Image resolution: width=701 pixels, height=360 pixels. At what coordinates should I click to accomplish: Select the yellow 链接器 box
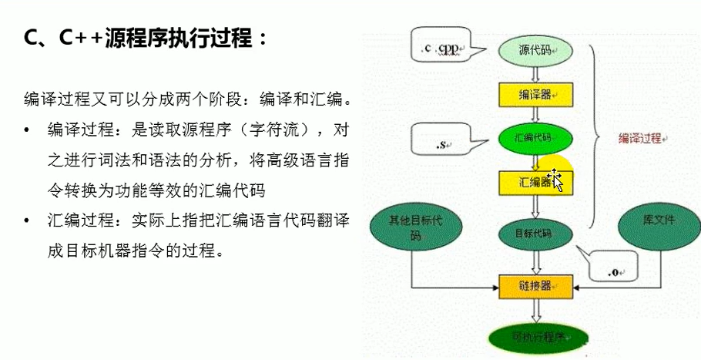click(536, 285)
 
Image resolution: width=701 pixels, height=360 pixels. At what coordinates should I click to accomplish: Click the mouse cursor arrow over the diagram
click(555, 180)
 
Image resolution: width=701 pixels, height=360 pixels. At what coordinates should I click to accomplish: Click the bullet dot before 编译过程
click(29, 128)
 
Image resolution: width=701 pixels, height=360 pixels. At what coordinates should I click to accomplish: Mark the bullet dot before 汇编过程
click(29, 222)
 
